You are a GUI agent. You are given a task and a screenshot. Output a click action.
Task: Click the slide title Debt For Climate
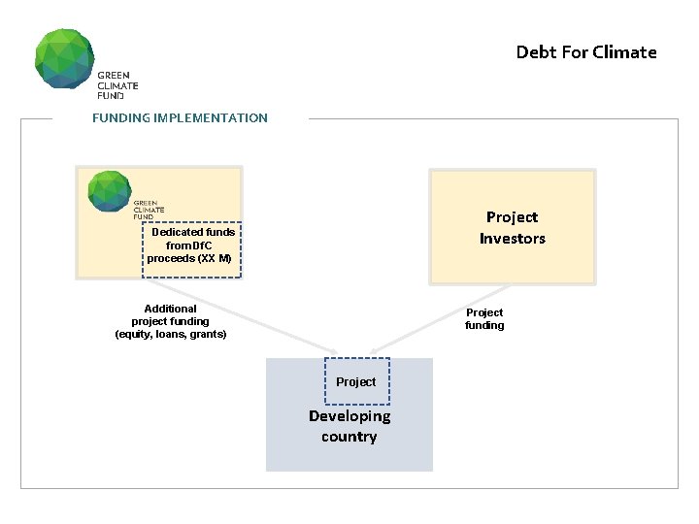[586, 52]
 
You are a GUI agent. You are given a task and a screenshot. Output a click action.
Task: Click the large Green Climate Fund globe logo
[65, 58]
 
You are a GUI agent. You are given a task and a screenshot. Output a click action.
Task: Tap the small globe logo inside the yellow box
[109, 191]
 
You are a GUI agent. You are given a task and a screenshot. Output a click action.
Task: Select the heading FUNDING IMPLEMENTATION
[180, 118]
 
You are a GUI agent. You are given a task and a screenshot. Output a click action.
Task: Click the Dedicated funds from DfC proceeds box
[191, 246]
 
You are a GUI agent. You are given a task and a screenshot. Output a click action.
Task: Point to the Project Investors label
[513, 228]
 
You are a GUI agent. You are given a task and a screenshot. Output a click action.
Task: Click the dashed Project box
[356, 381]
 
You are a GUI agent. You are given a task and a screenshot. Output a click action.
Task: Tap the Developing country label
[349, 426]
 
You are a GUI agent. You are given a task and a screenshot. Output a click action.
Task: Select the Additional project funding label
[171, 321]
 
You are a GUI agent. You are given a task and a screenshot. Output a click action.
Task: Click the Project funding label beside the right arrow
[484, 319]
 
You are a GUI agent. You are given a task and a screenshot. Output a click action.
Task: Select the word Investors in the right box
[513, 239]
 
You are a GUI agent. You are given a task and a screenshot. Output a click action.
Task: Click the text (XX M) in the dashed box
[215, 259]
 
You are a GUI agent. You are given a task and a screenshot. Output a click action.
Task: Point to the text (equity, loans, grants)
[171, 334]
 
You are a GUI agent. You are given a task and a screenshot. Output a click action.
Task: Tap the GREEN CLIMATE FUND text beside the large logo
[116, 85]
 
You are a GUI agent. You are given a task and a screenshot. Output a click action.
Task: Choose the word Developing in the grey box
[349, 416]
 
